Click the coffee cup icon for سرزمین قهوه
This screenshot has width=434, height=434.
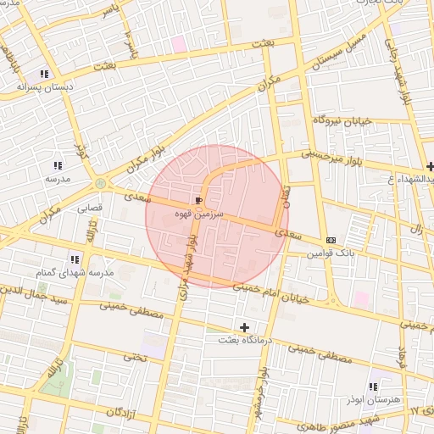[x=198, y=200]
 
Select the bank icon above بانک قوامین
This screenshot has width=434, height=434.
[x=330, y=239]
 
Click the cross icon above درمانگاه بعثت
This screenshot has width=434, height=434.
[x=245, y=326]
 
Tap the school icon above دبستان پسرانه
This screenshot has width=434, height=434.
[x=43, y=73]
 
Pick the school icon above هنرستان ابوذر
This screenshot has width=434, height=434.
[x=373, y=387]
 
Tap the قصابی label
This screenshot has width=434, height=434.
[x=90, y=206]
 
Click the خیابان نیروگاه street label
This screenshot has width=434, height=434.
[x=342, y=122]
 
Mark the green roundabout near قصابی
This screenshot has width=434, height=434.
[x=102, y=183]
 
